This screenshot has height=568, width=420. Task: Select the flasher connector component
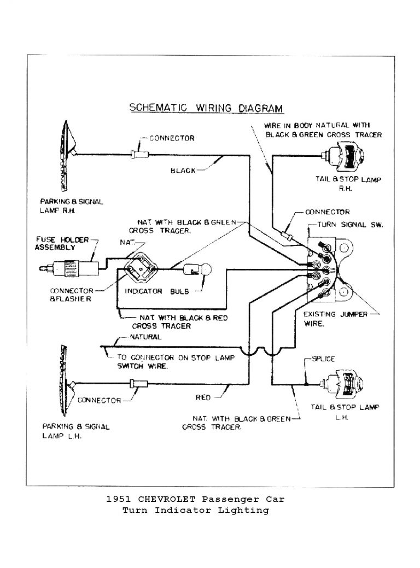point(141,267)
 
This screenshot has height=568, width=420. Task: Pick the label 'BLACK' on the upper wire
point(183,171)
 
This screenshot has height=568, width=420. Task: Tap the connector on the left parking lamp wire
point(135,384)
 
